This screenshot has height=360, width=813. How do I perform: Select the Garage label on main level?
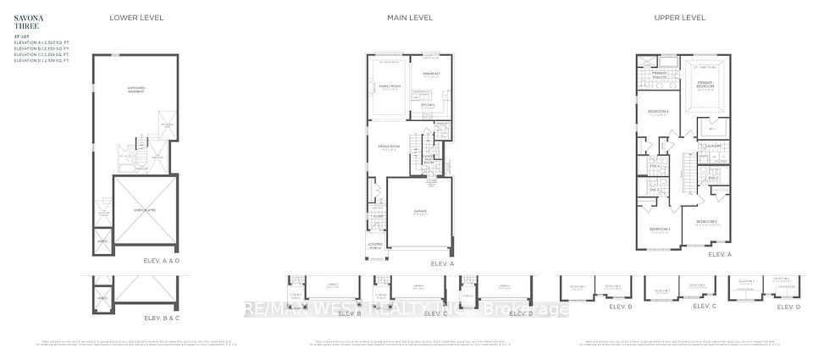pyautogui.click(x=420, y=211)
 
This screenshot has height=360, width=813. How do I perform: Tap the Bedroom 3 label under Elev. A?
pyautogui.click(x=661, y=230)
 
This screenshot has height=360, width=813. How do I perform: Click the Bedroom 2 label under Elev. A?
pyautogui.click(x=705, y=223)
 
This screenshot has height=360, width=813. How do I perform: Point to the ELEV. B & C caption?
pyautogui.click(x=164, y=317)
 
